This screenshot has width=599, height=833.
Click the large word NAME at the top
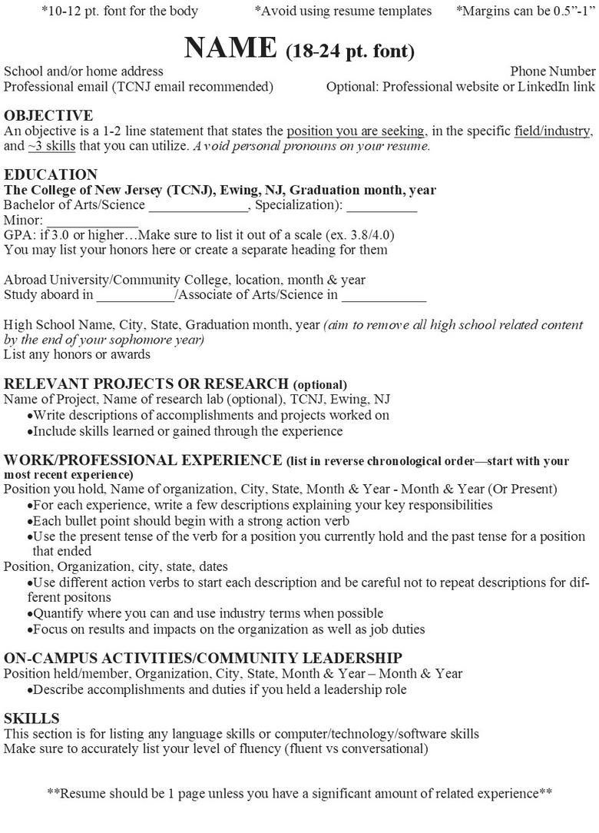(x=230, y=48)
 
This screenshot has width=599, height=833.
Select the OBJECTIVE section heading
(x=48, y=116)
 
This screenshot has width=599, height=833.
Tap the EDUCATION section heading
(x=51, y=174)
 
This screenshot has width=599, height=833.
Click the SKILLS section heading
(x=31, y=719)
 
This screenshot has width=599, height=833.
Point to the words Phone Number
(x=553, y=71)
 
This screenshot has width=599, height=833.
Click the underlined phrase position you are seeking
(x=356, y=131)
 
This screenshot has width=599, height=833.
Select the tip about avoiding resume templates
(x=343, y=11)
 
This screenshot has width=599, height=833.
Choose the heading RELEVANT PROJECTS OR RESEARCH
(x=147, y=383)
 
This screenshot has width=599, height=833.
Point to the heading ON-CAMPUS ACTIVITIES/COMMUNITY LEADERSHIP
(x=203, y=658)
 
